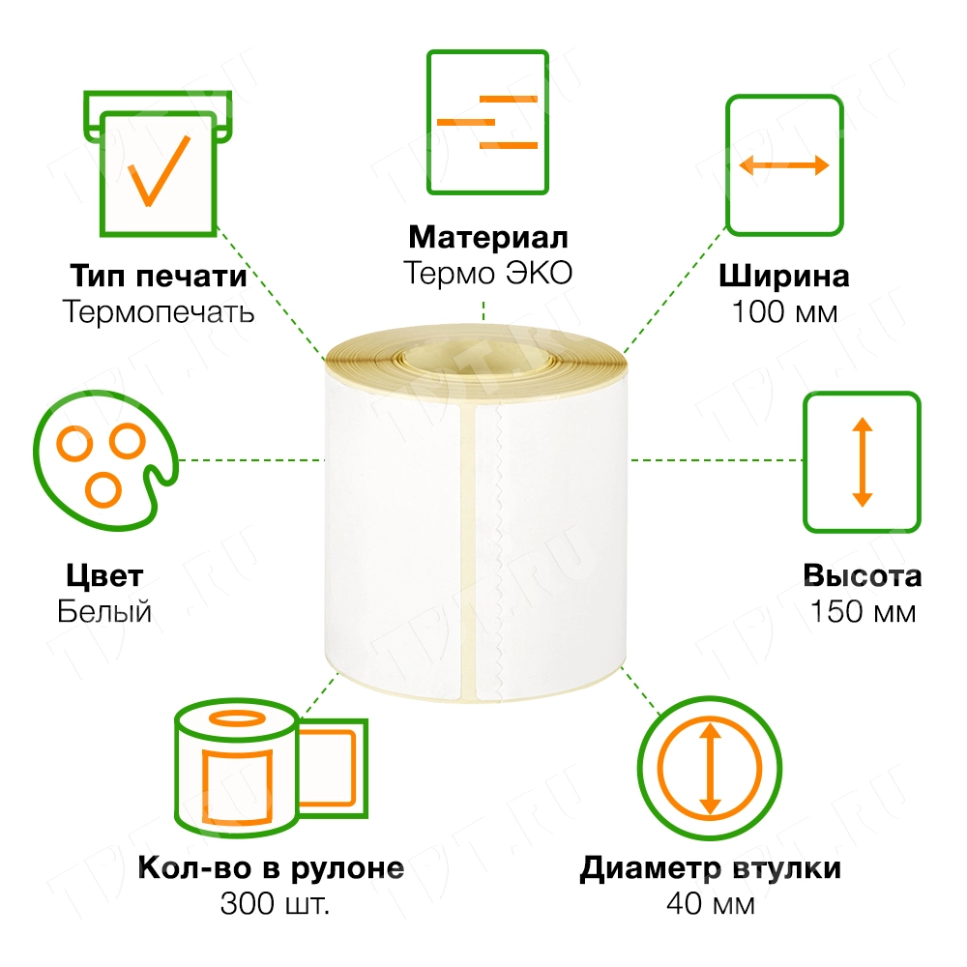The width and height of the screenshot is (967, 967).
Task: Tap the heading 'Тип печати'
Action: tap(158, 276)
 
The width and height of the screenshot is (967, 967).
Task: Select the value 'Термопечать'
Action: tap(158, 312)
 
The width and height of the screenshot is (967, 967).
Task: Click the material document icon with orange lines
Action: tap(487, 122)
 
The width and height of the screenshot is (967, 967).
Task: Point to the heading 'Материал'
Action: tap(487, 237)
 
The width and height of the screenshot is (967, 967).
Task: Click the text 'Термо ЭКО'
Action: tap(487, 274)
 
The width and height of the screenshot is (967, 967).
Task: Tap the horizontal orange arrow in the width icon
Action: tap(784, 165)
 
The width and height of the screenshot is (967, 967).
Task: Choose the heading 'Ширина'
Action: tap(784, 276)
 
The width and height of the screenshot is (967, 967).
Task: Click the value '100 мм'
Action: tap(784, 312)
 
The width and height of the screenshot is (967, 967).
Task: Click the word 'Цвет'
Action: tap(104, 576)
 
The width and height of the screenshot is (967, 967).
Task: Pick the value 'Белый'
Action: tap(104, 612)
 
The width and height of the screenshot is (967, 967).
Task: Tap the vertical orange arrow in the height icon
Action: tap(862, 462)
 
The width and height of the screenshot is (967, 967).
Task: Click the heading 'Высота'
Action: tap(863, 576)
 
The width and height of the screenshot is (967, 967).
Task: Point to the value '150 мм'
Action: tap(863, 612)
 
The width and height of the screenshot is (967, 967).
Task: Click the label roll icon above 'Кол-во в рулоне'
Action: tap(272, 767)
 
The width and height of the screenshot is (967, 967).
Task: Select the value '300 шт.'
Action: tap(275, 904)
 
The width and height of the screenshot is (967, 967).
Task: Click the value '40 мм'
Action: tap(710, 904)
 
